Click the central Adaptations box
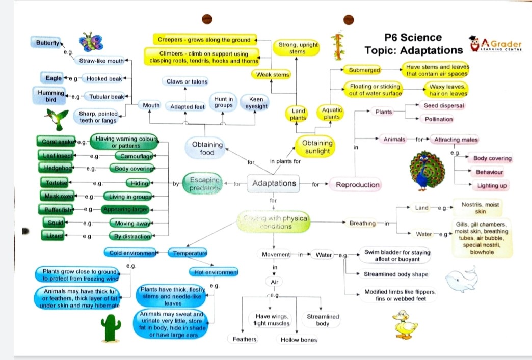pos(274,184)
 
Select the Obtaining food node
pos(207,148)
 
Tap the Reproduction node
pos(357,185)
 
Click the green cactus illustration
pos(112,327)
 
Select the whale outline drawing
pos(461,279)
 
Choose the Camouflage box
pos(134,156)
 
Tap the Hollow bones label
pos(299,340)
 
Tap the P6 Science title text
pos(413,38)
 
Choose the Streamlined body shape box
pos(395,274)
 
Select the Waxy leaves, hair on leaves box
pos(447,90)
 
